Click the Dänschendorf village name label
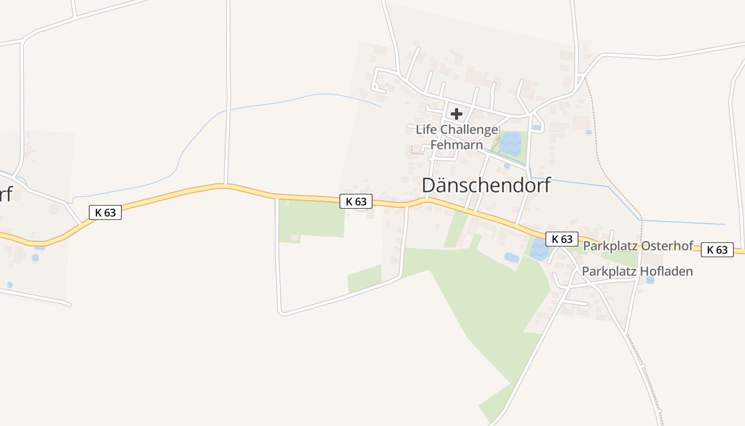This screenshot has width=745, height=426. [486, 185]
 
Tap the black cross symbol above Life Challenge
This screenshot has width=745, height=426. [457, 113]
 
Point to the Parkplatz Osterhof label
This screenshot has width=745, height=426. [638, 246]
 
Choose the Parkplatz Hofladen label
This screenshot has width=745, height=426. [637, 272]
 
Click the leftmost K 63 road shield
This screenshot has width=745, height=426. [105, 212]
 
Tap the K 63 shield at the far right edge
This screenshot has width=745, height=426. [717, 250]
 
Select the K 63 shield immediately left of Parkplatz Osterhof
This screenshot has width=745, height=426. [562, 239]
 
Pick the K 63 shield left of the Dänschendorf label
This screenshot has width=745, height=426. [356, 201]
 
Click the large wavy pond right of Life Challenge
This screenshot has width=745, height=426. [510, 143]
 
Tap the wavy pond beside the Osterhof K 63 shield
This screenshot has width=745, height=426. [539, 249]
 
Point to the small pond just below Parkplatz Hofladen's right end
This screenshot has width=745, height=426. [650, 280]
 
